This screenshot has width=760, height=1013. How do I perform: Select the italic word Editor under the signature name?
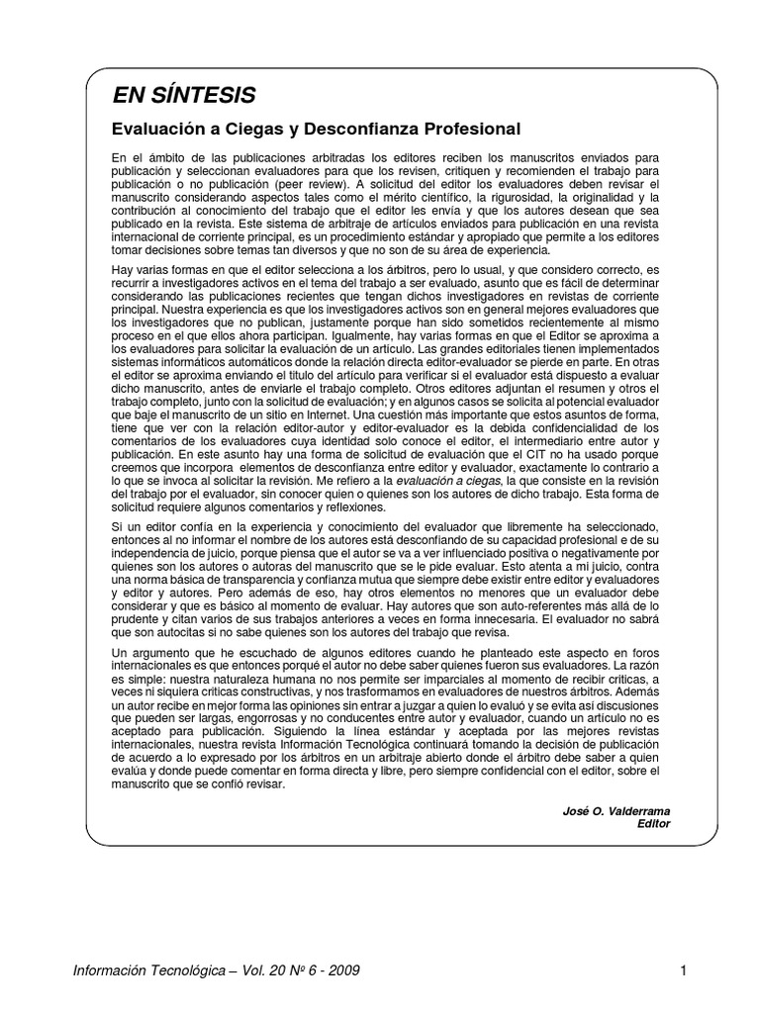(654, 823)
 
